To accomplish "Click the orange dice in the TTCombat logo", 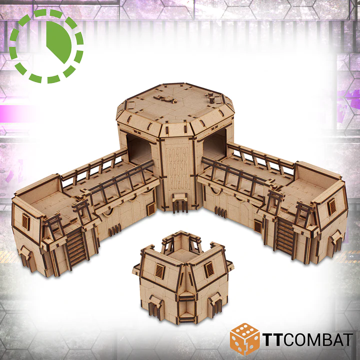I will [244, 338].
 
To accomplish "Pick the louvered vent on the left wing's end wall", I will [25, 222].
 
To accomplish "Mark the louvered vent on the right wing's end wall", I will [331, 206].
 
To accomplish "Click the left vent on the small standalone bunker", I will [159, 270].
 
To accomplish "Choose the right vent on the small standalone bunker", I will [209, 269].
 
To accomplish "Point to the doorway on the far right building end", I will [335, 241].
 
